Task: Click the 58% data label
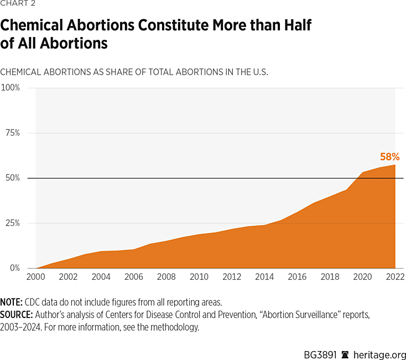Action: [389, 156]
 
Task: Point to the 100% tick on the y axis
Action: [10, 87]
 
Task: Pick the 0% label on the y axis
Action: [14, 268]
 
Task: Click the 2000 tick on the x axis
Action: [36, 277]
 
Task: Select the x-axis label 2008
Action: [166, 277]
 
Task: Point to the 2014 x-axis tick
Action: [264, 277]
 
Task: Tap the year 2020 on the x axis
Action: [362, 277]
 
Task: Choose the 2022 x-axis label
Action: [395, 277]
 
